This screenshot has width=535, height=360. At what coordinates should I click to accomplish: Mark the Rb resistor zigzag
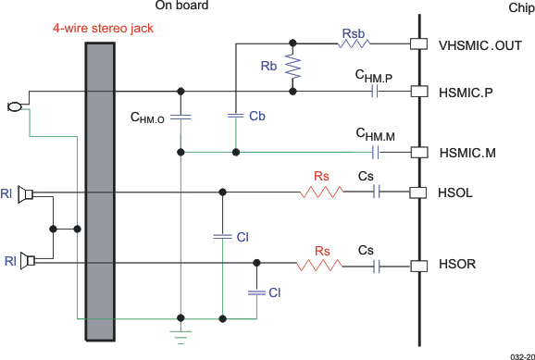point(294,67)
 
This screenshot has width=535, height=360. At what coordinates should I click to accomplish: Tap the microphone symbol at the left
point(13,107)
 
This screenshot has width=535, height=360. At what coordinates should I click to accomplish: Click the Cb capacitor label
point(259,117)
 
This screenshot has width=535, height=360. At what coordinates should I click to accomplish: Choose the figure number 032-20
point(520,354)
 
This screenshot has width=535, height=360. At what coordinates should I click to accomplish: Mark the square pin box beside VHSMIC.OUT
point(418,43)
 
